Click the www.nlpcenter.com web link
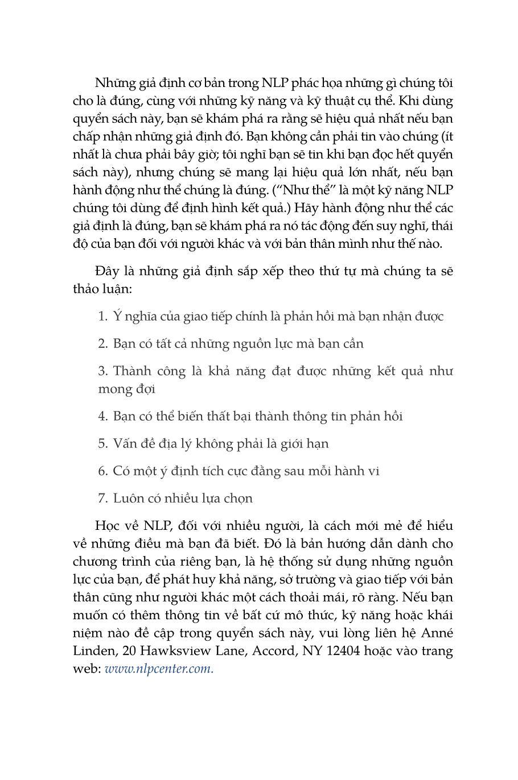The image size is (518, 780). pos(159,669)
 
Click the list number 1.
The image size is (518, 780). pos(102,317)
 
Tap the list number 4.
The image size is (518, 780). pos(102,417)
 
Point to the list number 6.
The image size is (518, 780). pos(102,471)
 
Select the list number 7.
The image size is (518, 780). pos(102,499)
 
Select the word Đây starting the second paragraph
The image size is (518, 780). pos(106,271)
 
